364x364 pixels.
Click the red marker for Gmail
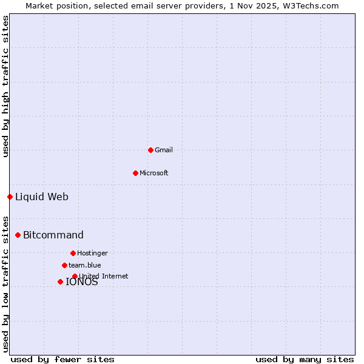150,150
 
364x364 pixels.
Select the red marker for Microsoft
135,173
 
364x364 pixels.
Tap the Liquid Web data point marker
10,197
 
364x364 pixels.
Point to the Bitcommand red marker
18,235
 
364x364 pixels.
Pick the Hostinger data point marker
73,253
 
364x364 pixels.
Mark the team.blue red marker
64,265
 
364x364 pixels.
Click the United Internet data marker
75,276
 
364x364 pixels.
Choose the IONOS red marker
60,281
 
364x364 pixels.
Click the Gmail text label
164,150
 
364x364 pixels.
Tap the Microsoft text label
154,173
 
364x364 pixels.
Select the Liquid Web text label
42,197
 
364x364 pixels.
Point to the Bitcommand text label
53,235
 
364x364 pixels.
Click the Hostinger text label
92,253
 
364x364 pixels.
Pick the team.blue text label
85,265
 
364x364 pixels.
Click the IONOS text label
82,282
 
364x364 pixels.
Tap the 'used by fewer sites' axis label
62,359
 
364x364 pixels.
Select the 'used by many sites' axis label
305,359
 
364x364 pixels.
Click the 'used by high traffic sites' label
5,86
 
